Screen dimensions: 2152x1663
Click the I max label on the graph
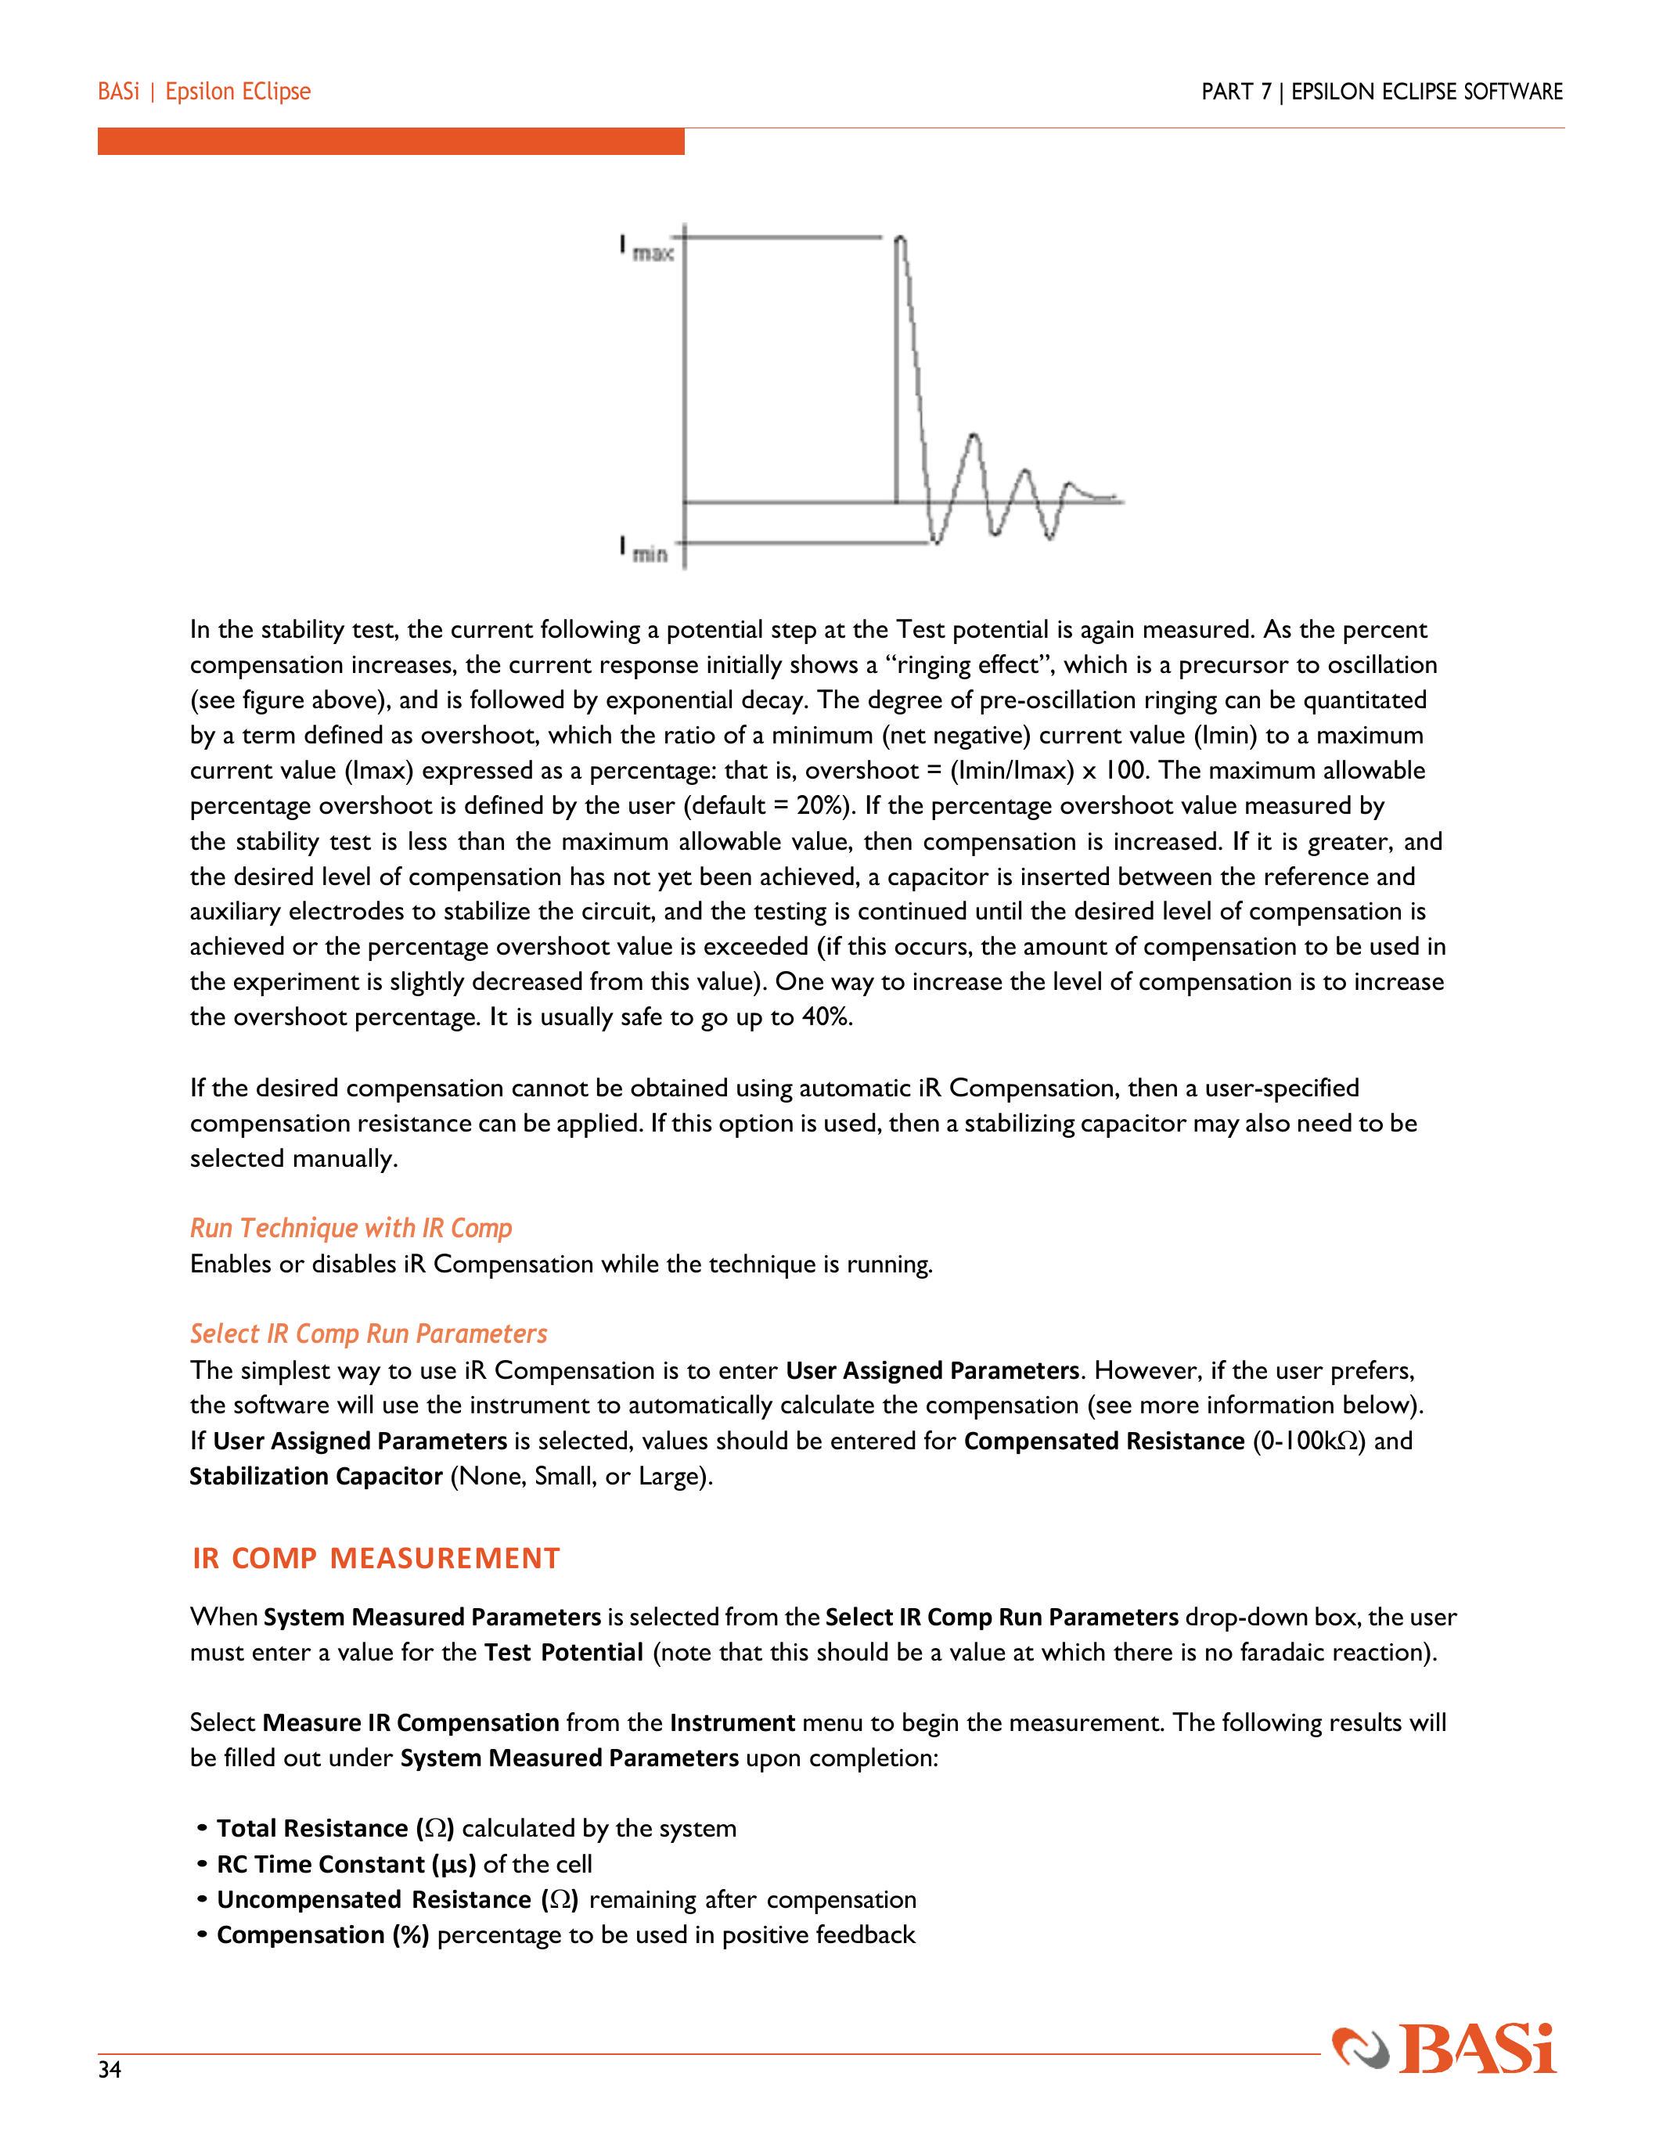pyautogui.click(x=646, y=248)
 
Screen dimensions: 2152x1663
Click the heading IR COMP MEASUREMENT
pyautogui.click(x=376, y=1558)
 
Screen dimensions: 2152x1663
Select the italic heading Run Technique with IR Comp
pyautogui.click(x=351, y=1228)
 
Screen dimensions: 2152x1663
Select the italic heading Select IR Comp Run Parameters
pyautogui.click(x=369, y=1333)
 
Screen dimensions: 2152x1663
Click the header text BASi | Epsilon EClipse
pyautogui.click(x=204, y=92)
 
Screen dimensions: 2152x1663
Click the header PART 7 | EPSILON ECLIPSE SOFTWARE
pyautogui.click(x=1381, y=92)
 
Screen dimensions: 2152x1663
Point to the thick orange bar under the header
pyautogui.click(x=391, y=141)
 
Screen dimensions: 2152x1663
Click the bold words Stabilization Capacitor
pyautogui.click(x=315, y=1476)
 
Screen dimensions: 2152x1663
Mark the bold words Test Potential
pyautogui.click(x=563, y=1651)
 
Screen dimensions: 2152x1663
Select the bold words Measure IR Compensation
pyautogui.click(x=412, y=1722)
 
